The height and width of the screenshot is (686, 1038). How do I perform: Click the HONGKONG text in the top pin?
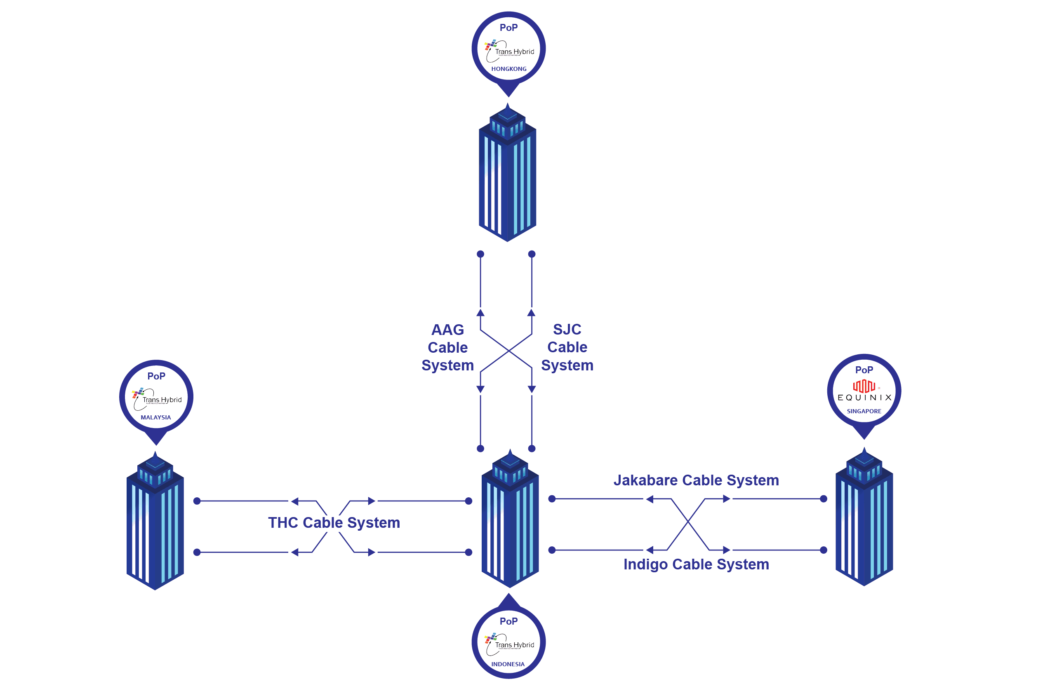509,69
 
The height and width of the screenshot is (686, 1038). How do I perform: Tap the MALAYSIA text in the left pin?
156,418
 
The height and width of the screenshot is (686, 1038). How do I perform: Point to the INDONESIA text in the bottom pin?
508,665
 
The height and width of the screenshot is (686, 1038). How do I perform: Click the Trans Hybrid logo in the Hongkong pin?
509,51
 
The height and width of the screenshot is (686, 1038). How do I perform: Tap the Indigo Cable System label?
696,565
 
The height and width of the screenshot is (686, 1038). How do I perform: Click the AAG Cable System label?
447,348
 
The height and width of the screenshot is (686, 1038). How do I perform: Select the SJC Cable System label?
567,348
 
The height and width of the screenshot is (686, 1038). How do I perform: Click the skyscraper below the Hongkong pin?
507,175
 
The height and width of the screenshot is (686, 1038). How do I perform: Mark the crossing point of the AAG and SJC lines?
508,351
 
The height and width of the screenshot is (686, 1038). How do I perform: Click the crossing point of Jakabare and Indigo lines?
688,522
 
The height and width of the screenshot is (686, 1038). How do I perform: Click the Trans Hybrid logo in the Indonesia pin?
509,644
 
